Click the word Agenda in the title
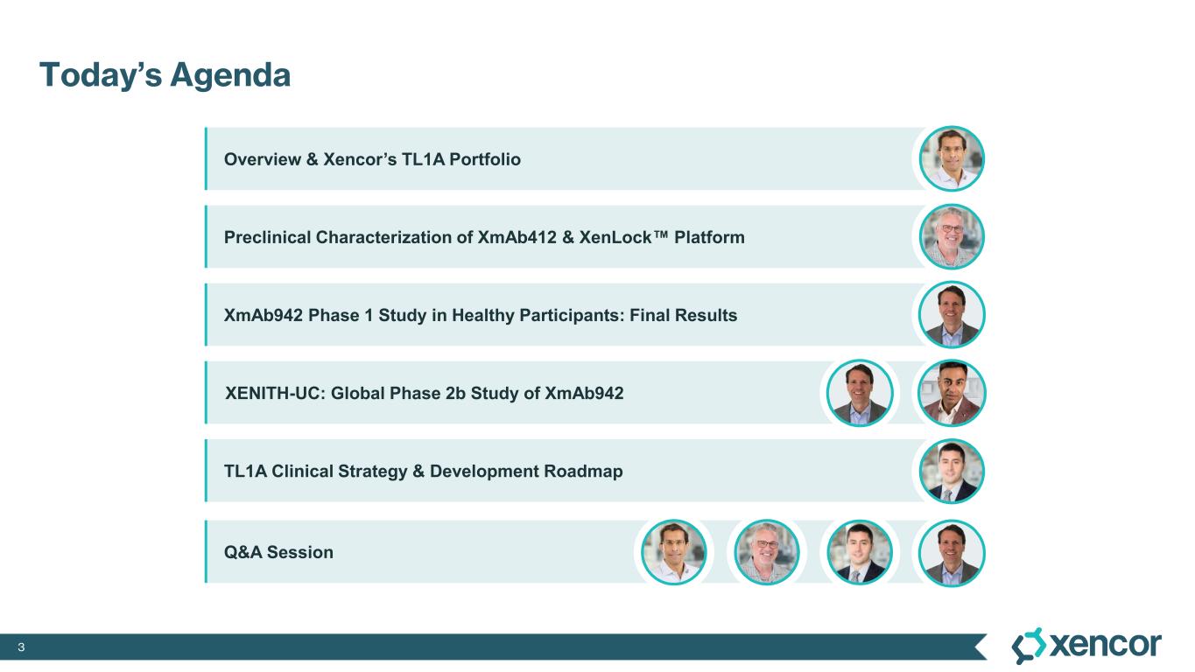pyautogui.click(x=230, y=76)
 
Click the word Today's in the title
pyautogui.click(x=101, y=74)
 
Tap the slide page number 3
pyautogui.click(x=21, y=647)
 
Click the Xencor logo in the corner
pyautogui.click(x=1086, y=646)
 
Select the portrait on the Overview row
pyautogui.click(x=952, y=159)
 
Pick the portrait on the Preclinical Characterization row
pyautogui.click(x=952, y=237)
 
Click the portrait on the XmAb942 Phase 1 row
pyautogui.click(x=952, y=315)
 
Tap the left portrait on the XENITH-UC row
pyautogui.click(x=860, y=393)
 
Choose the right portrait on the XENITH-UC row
pyautogui.click(x=952, y=393)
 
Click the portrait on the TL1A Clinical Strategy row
pyautogui.click(x=952, y=472)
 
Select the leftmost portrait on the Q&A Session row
pyautogui.click(x=674, y=552)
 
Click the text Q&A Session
pyautogui.click(x=278, y=552)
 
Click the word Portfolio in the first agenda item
pyautogui.click(x=484, y=159)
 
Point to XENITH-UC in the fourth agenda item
pyautogui.click(x=275, y=394)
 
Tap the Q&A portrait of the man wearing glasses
pyautogui.click(x=767, y=552)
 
